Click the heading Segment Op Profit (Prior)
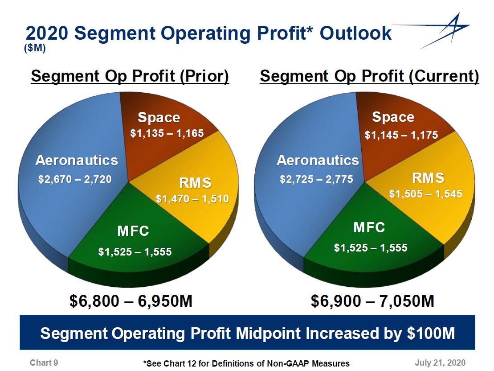130,76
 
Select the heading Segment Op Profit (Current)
369,76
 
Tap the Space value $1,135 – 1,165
167,133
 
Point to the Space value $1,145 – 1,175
401,135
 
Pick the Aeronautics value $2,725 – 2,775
316,179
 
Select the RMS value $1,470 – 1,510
192,199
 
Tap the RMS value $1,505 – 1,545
426,194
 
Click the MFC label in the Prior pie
133,231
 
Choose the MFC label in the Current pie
369,227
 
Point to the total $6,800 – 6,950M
131,301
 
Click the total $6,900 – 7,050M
372,301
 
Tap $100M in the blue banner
430,334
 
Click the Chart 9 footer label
44,363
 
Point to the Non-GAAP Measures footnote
246,363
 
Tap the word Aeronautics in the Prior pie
77,160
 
